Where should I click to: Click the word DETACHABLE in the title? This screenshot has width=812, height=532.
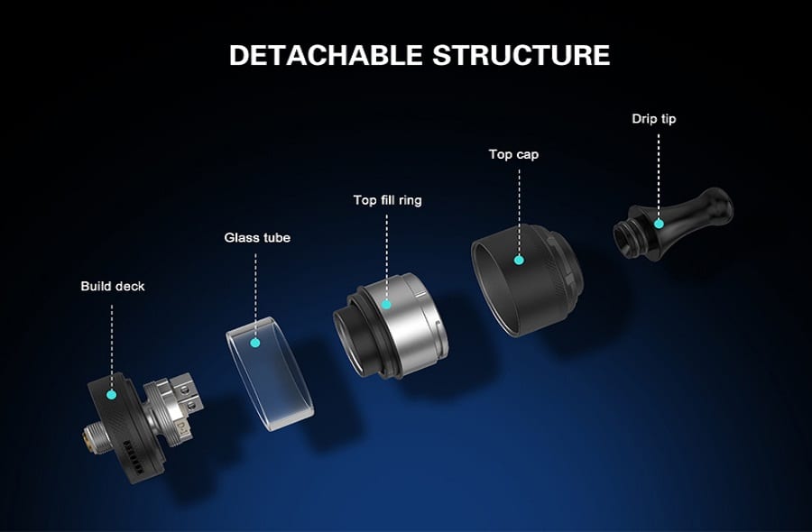coord(326,55)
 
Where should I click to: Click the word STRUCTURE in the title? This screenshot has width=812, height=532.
coord(521,55)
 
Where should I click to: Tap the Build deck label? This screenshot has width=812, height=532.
coord(113,286)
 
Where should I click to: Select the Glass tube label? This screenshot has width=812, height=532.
coord(257,237)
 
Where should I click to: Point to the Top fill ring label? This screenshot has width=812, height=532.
coord(387,200)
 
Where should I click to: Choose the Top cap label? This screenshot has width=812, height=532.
coord(513,154)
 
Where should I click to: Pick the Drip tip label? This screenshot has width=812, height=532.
coord(653,118)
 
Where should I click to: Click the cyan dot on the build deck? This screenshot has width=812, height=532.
coord(111,394)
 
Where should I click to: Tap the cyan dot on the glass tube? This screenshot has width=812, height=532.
coord(254,342)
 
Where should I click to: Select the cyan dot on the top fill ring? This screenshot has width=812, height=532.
coord(386,304)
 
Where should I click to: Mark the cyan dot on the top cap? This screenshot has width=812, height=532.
coord(519,260)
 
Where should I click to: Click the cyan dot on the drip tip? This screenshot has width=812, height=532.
coord(659,224)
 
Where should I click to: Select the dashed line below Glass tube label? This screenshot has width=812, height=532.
coord(255,295)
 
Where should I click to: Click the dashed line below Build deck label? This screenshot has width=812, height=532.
coord(112,347)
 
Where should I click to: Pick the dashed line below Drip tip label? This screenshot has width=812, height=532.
coord(659,176)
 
